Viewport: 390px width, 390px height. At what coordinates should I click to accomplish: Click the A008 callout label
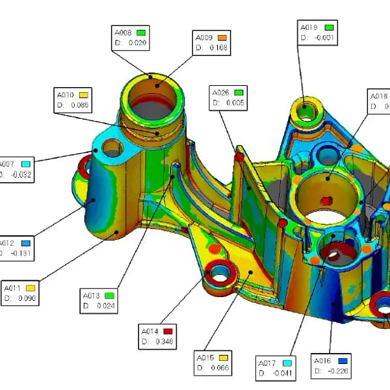coord(122,32)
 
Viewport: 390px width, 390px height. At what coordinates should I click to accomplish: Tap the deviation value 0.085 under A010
coord(81,104)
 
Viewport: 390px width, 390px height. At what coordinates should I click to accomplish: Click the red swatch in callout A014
coord(168,331)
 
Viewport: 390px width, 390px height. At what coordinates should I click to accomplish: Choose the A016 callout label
coord(323,361)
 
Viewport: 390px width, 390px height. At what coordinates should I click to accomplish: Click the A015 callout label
coord(204,357)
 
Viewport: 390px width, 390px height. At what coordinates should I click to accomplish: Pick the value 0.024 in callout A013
coord(105,305)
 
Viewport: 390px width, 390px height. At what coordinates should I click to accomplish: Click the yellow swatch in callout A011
coord(30,288)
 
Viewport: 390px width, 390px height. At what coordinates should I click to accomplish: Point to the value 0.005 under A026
coord(235,103)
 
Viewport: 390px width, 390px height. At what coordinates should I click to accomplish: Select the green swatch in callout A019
coord(329,27)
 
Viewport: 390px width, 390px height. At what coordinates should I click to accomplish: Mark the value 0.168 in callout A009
coord(218,48)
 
